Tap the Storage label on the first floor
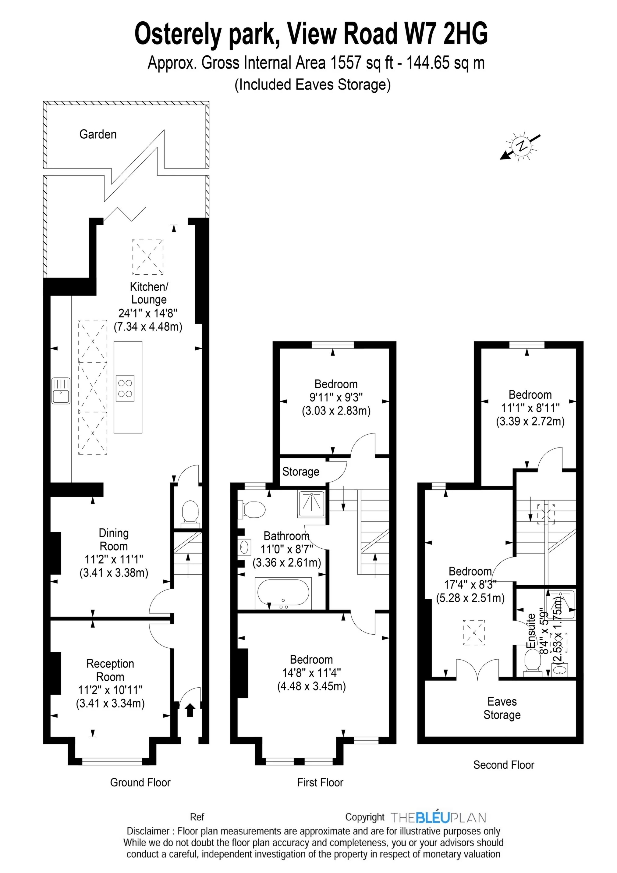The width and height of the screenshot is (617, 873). click(300, 472)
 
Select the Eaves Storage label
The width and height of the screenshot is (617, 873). click(502, 708)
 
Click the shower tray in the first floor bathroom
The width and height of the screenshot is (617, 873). click(311, 504)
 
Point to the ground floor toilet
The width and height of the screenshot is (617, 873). click(190, 513)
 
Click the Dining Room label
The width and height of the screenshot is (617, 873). click(113, 540)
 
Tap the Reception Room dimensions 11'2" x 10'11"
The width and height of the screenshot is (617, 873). click(110, 690)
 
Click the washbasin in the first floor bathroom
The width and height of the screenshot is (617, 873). click(244, 547)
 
